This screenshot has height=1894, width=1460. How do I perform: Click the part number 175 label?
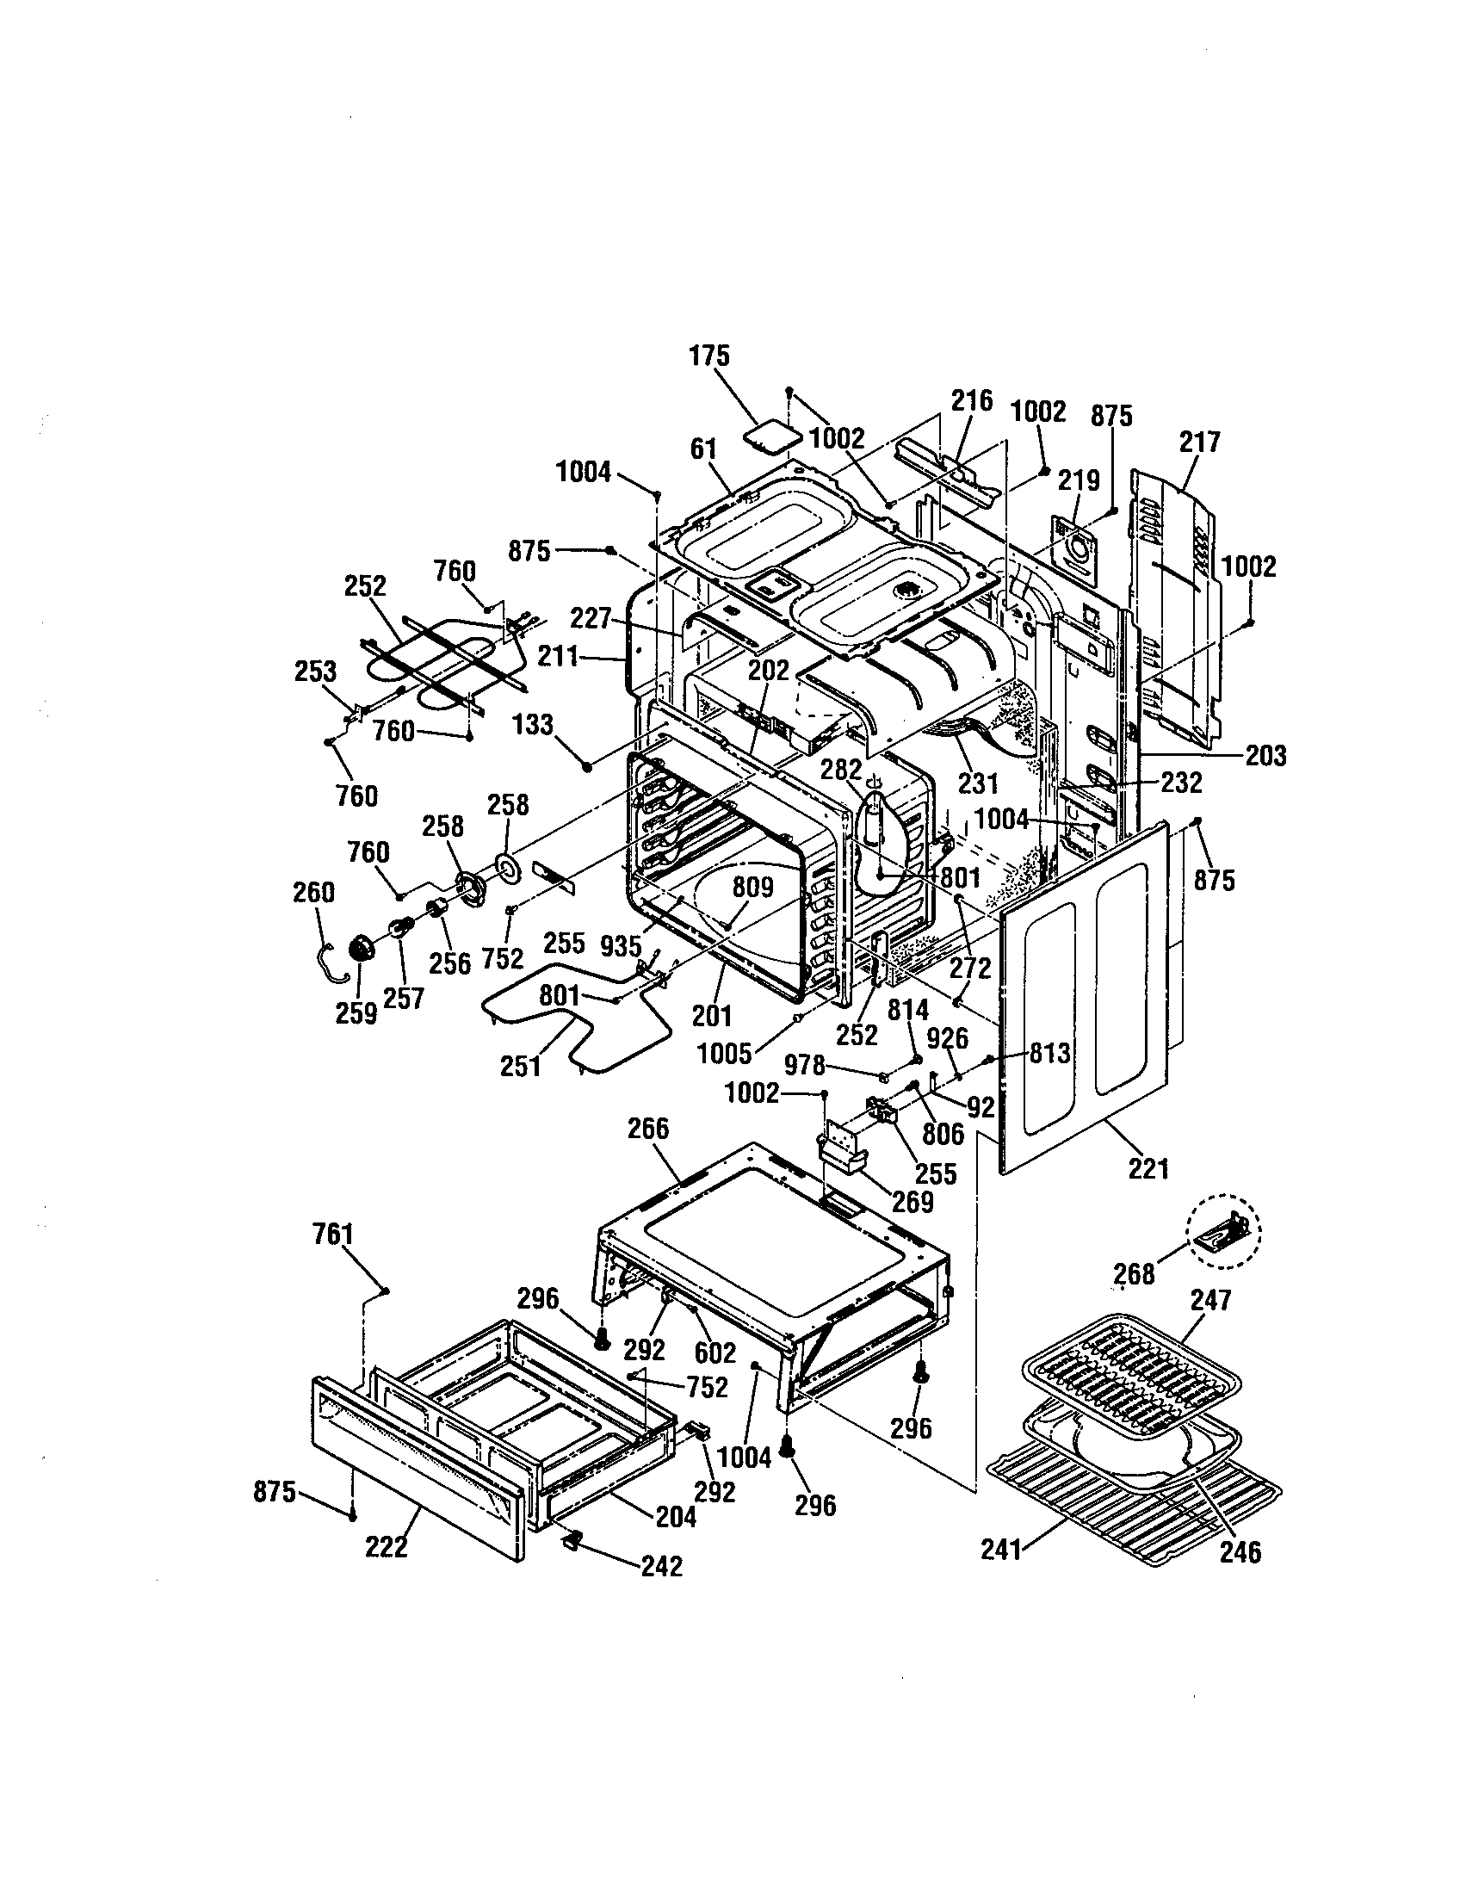coord(709,356)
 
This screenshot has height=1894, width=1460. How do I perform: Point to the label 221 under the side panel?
coord(1148,1169)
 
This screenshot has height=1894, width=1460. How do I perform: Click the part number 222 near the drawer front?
coord(386,1546)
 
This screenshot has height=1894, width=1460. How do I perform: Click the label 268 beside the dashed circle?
coord(1135,1274)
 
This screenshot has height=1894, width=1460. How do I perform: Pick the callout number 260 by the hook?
coord(313,893)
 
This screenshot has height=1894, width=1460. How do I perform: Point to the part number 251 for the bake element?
coord(520,1066)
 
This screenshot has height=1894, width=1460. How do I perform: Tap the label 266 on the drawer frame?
coord(648,1129)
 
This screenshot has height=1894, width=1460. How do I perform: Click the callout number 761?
coord(333,1235)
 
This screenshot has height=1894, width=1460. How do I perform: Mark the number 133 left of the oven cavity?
coord(532,724)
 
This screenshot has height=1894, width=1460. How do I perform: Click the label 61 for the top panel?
coord(704,449)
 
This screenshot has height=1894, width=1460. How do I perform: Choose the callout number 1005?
coord(724,1054)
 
